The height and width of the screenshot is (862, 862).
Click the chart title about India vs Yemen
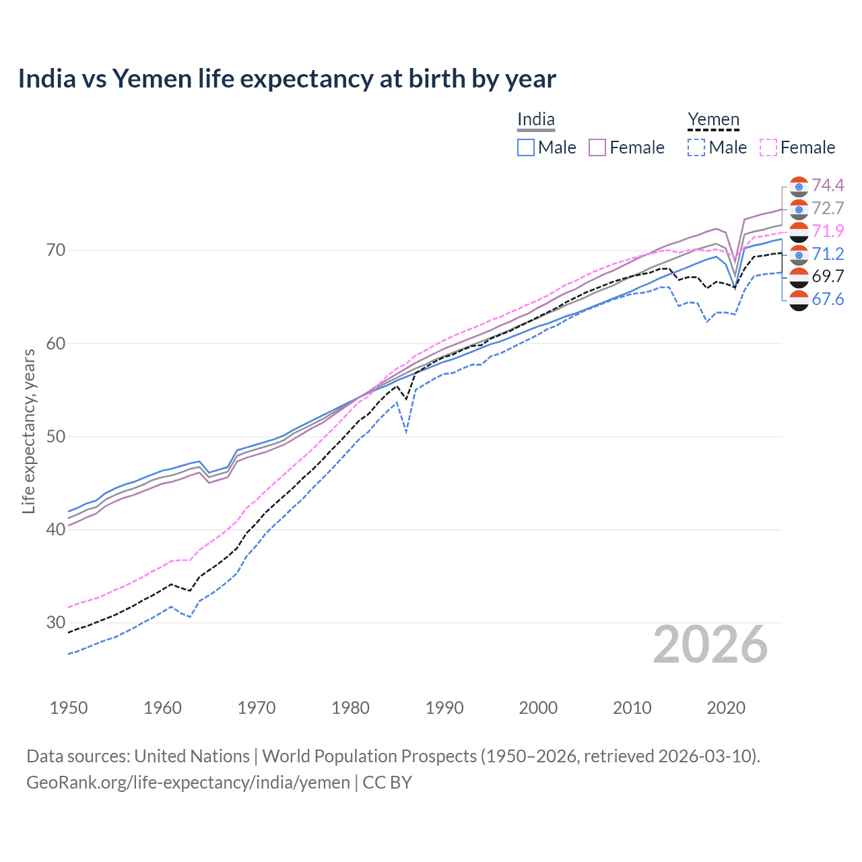coord(287,79)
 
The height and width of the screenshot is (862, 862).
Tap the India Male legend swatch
coord(526,147)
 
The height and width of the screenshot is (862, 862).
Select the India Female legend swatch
coord(597,147)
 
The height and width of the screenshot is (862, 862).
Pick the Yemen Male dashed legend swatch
coord(696,147)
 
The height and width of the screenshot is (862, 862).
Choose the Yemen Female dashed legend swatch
coord(768,147)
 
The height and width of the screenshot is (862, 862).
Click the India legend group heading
coord(536,120)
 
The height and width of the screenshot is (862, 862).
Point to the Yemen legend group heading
coord(713,120)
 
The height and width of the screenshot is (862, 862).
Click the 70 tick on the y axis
coord(57,251)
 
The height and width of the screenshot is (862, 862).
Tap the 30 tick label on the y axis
coord(57,622)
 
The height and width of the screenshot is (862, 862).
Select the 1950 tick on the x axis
coord(69,708)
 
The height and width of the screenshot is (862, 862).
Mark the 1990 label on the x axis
coord(444,708)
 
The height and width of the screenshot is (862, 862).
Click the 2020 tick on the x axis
coord(726,708)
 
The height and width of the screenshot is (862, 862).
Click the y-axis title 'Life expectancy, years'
coord(28,431)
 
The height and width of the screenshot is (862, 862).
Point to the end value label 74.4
coord(828,185)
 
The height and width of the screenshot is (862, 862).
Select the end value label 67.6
coord(828,299)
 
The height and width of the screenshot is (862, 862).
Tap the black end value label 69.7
coord(828,276)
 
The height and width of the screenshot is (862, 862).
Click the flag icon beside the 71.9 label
coord(799,231)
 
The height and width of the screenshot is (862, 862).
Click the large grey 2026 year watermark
coord(710,645)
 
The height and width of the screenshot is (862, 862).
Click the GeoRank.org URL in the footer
coord(188,783)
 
